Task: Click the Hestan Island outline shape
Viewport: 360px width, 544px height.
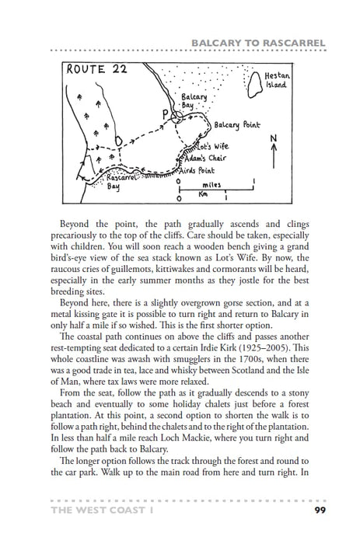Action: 251,79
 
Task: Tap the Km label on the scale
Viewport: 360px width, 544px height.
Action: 202,195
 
